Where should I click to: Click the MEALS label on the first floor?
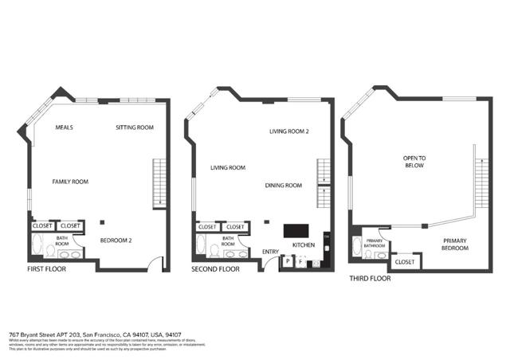click(x=65, y=127)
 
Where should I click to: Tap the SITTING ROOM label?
click(x=134, y=127)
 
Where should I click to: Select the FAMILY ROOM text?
click(x=70, y=182)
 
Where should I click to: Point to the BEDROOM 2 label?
click(x=116, y=241)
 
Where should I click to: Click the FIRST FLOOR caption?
click(x=46, y=269)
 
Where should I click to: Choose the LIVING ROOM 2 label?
click(x=288, y=131)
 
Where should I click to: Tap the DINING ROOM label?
click(x=284, y=186)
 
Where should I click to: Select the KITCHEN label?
click(x=304, y=245)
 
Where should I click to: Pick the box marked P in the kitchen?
click(x=287, y=261)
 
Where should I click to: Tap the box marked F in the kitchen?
click(x=300, y=261)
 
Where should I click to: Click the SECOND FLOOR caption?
click(x=215, y=269)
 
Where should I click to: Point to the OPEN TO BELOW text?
click(x=414, y=162)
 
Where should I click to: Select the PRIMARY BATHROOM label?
click(x=375, y=244)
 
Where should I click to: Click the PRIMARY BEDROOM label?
click(x=455, y=244)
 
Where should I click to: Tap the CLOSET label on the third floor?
click(x=404, y=261)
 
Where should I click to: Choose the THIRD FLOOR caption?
click(x=371, y=280)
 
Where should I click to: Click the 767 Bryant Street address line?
click(x=94, y=335)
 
